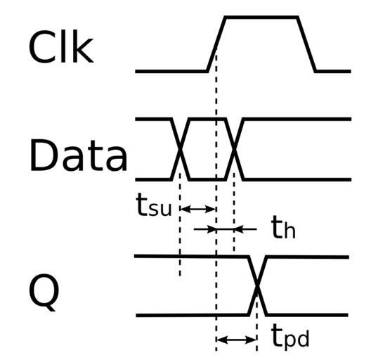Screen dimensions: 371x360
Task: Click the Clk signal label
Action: tap(61, 46)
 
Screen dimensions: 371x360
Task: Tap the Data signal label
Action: tap(78, 155)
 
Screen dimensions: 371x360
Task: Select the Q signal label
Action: tap(44, 292)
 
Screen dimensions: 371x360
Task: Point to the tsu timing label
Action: tap(154, 205)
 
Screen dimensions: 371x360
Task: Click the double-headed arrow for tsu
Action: tap(198, 209)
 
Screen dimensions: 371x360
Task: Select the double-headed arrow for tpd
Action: tap(237, 340)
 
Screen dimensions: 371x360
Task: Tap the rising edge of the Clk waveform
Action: tap(216, 44)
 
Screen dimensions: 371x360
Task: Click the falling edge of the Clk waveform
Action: tap(306, 44)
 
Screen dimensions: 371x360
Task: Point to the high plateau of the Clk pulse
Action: tap(261, 18)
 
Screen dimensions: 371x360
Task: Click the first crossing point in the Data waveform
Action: tap(181, 149)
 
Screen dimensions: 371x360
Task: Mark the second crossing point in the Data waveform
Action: tap(234, 149)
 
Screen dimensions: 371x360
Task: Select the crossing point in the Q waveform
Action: tap(257, 286)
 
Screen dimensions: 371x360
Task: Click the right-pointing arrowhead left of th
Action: tap(211, 229)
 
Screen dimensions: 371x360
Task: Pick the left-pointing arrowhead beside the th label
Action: tap(238, 229)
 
